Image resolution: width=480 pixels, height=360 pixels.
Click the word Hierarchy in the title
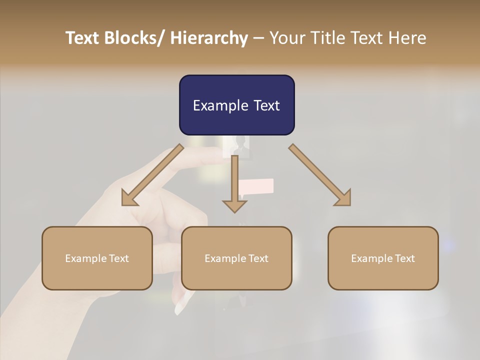click(209, 38)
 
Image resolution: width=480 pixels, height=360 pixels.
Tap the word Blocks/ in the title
click(134, 38)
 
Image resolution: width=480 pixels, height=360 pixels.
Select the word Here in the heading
click(407, 38)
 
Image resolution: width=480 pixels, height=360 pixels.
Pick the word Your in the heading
click(286, 38)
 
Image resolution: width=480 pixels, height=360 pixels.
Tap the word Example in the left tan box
click(83, 258)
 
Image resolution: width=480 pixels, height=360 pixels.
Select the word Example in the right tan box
click(369, 258)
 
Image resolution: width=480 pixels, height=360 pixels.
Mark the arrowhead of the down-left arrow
click(129, 198)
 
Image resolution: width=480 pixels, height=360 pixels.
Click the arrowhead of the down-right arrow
click(343, 198)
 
